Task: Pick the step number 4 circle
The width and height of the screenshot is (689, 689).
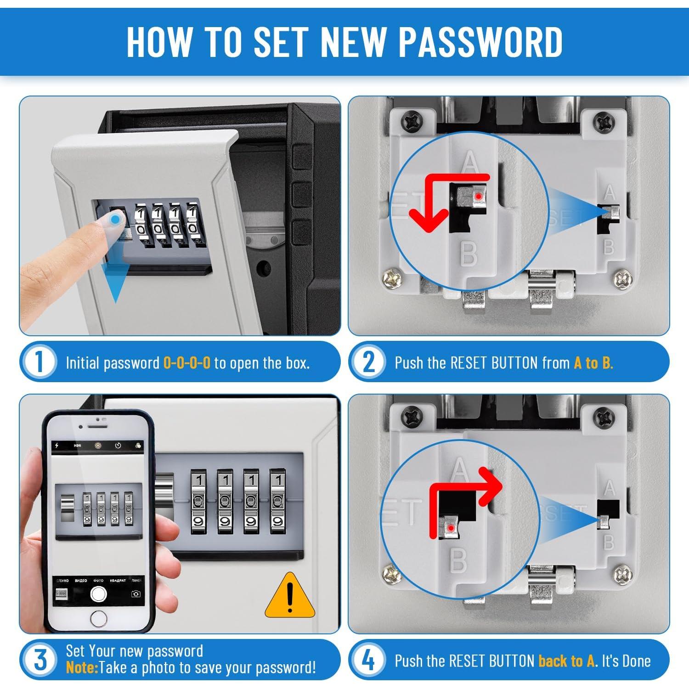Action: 369,660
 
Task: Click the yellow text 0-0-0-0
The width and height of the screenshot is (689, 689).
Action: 187,363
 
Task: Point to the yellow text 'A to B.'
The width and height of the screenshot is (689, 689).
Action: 593,363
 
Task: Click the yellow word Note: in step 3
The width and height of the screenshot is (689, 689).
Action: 82,667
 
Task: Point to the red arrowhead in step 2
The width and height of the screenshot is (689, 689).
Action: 429,219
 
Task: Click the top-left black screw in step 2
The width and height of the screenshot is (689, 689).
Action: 412,122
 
